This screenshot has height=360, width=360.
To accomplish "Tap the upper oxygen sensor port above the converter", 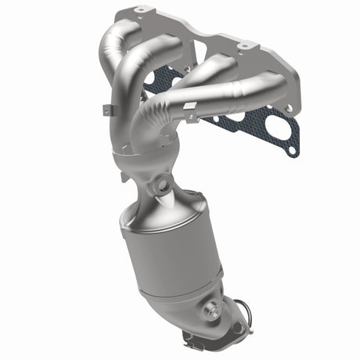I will click(x=163, y=185).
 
